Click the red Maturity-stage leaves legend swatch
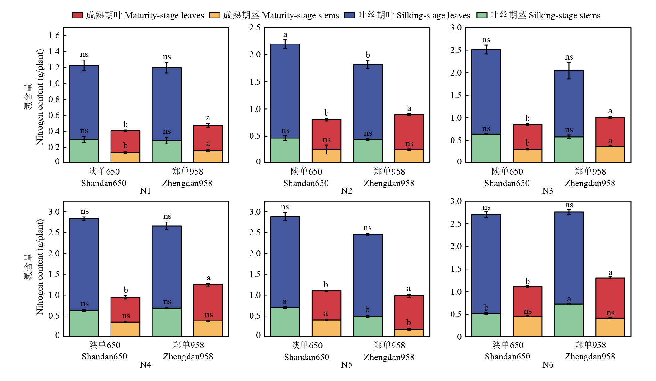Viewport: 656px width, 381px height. (78, 15)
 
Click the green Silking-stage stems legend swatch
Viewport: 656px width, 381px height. (482, 15)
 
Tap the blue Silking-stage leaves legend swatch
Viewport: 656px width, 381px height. (349, 15)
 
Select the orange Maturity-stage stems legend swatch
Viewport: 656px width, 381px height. (214, 15)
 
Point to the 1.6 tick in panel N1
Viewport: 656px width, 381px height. (54, 35)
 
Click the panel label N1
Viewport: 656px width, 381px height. (146, 191)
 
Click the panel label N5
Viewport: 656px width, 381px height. (347, 365)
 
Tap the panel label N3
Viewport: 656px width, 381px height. (548, 191)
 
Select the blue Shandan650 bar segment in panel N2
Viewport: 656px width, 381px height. (285, 91)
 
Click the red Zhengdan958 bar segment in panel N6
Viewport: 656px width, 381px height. (610, 298)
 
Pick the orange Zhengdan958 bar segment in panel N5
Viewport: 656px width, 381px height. (409, 333)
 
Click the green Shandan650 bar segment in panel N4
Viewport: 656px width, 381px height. (84, 323)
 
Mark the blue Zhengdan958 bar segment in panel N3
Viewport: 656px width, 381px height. (569, 103)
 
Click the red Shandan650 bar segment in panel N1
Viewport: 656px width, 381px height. (125, 142)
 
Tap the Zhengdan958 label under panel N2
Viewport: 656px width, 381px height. (389, 183)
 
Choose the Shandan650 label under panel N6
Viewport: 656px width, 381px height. (508, 357)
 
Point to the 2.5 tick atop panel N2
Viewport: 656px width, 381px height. (255, 28)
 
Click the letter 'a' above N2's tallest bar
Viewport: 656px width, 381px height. (285, 34)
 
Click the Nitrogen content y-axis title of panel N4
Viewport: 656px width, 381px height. (40, 267)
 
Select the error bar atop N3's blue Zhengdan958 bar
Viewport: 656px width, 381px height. (569, 70)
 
